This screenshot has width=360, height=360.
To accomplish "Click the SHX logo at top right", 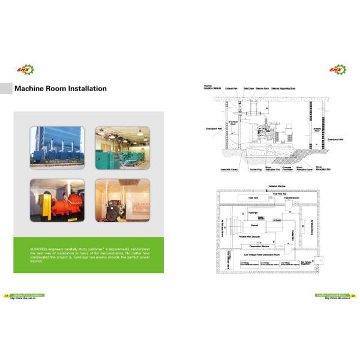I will pos(337,70).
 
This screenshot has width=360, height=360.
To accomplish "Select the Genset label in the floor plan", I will pos(253,226).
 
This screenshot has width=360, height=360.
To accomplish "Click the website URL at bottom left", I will pos(23,298).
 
